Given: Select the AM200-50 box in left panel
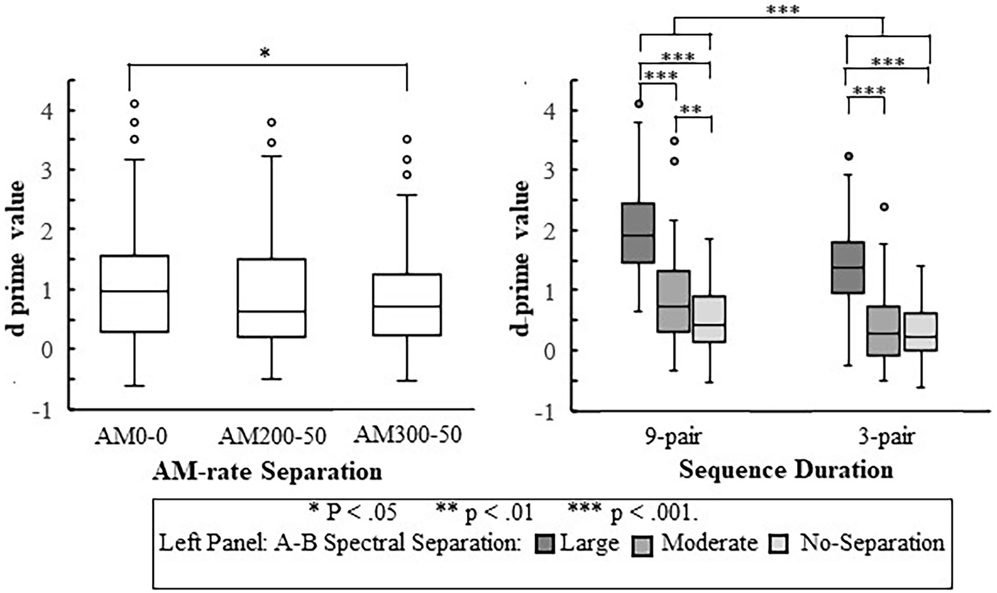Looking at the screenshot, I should point(271,298).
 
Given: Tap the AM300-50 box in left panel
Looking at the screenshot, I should point(407,304).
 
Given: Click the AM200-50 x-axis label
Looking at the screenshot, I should point(272,437).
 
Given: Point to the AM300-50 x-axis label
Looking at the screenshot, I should point(407,435).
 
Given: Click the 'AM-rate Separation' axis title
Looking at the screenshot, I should point(267,472).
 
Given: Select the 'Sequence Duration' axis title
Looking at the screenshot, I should point(786,470).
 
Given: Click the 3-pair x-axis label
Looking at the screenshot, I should point(886,437).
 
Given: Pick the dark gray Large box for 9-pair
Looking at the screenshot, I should point(638,233).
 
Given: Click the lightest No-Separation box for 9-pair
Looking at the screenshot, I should point(709,319).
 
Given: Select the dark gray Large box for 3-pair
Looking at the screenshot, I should point(848,267).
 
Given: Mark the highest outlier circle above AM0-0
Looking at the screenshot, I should point(134,103).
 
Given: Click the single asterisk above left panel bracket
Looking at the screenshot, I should point(264,54).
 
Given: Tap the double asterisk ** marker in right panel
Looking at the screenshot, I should point(692,109).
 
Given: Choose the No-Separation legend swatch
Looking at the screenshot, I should point(779,544).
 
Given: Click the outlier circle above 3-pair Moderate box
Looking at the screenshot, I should point(884,207).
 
